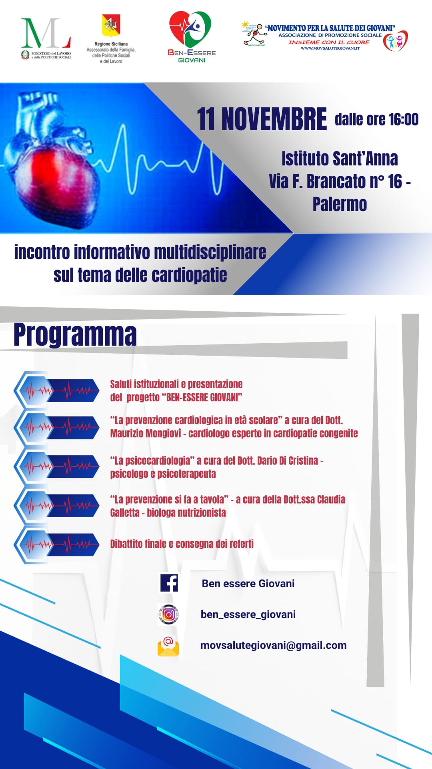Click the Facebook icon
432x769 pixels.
click(169, 583)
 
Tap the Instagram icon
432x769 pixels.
click(168, 614)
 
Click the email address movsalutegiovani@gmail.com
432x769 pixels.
click(273, 645)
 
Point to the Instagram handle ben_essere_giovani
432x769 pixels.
click(248, 614)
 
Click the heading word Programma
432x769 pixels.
click(75, 335)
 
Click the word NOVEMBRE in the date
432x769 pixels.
click(274, 119)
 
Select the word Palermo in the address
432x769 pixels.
click(340, 204)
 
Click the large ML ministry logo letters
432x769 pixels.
click(46, 33)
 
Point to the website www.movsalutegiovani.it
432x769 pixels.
click(330, 48)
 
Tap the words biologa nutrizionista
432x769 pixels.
click(186, 513)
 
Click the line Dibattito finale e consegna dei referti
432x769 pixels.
click(182, 544)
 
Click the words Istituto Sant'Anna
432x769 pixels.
click(340, 159)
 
